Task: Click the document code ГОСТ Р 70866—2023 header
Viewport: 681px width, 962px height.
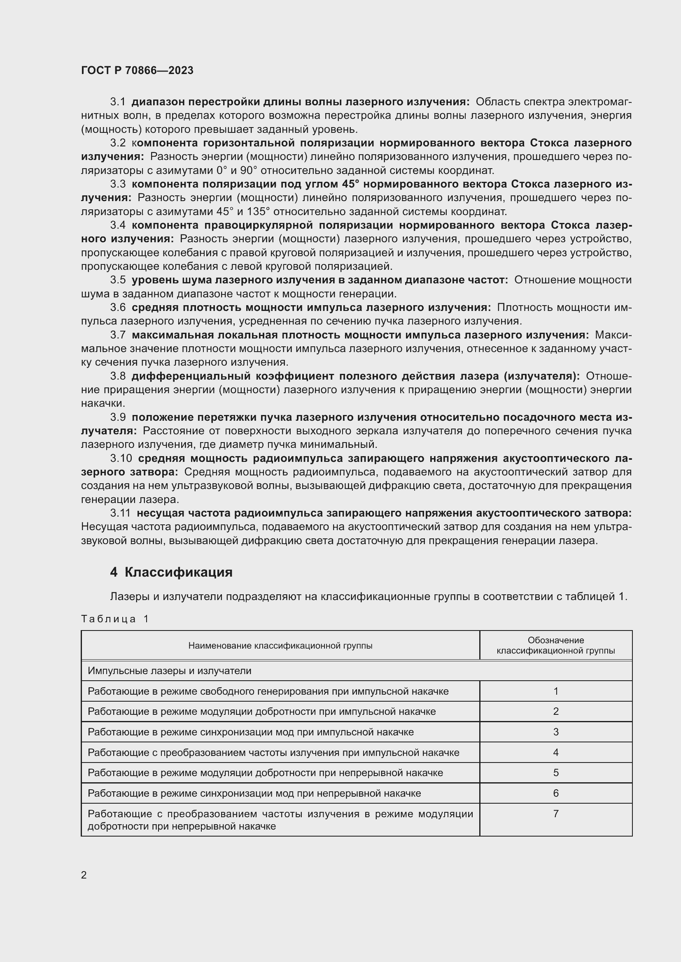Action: (137, 70)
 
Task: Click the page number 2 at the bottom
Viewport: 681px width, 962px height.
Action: (84, 875)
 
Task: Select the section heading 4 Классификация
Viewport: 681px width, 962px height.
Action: (171, 572)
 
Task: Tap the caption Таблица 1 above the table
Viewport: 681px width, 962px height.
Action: (115, 619)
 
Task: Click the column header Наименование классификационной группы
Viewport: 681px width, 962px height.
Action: (280, 646)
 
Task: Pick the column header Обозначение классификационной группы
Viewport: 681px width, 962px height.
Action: (555, 646)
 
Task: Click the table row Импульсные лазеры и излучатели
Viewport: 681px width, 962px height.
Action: (169, 671)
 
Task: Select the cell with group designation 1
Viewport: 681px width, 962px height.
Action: (555, 691)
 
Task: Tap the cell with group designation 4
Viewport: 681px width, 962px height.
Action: (555, 753)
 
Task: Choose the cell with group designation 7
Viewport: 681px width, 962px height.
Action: (555, 814)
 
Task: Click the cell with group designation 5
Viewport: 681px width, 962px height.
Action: (555, 773)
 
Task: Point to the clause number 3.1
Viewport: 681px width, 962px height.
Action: (117, 102)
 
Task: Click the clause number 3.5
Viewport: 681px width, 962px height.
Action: (117, 280)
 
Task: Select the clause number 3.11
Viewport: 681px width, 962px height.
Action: (120, 513)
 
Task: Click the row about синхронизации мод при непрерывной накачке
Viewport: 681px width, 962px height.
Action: (254, 793)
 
